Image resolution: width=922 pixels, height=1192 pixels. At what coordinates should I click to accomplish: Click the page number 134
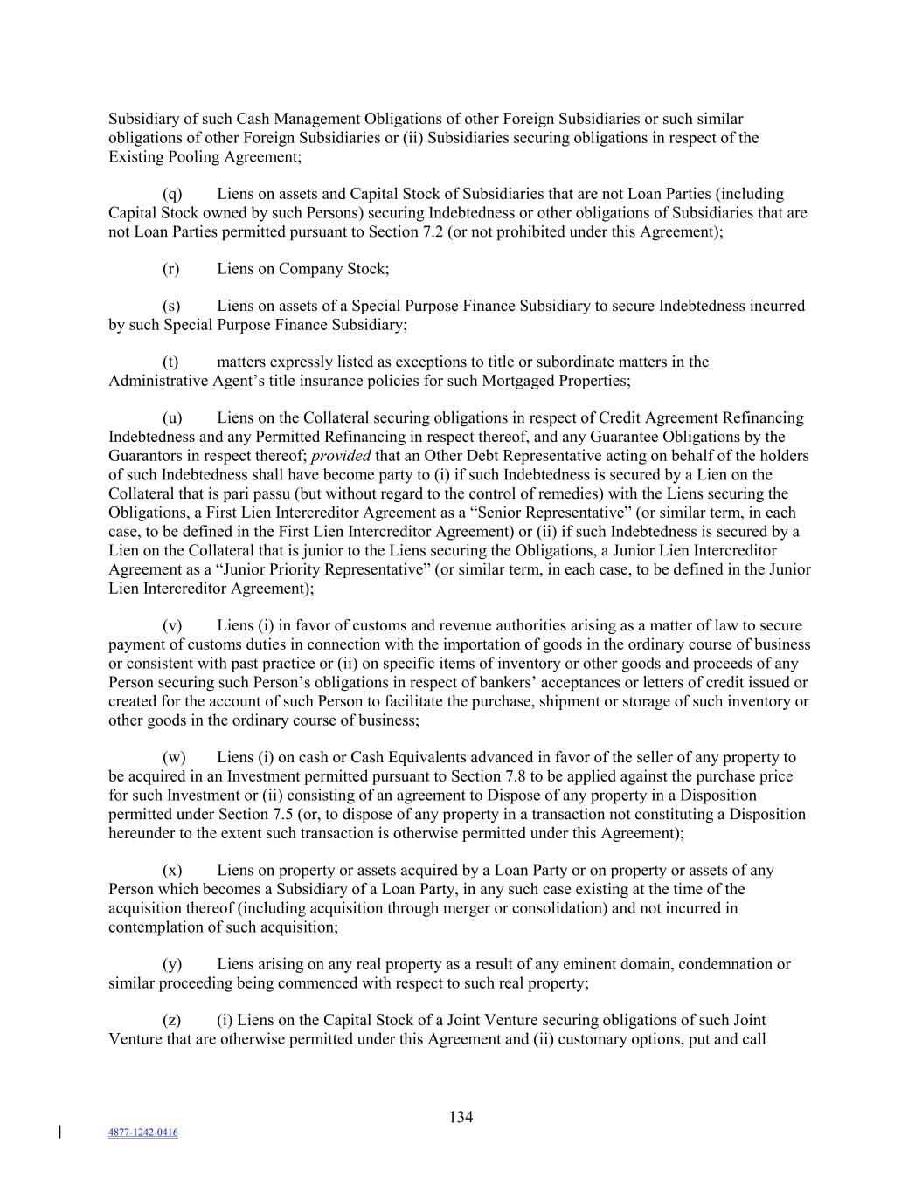461,1117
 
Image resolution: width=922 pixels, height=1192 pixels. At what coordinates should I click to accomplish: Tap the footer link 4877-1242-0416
142,1133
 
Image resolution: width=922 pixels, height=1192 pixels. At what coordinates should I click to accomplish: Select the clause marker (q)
172,194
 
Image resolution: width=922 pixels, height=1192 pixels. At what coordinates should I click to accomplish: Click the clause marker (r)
171,269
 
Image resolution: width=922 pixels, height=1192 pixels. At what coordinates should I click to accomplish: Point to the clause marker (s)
171,307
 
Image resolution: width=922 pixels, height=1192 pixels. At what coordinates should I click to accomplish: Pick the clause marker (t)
170,362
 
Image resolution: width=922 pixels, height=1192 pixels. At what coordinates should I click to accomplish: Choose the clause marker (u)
172,418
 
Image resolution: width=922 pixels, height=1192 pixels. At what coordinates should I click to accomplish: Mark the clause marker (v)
172,626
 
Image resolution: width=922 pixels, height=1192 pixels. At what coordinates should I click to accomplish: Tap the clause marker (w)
174,758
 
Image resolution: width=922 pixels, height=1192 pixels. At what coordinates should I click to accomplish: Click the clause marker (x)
172,871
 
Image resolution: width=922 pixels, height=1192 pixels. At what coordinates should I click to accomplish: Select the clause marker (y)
172,965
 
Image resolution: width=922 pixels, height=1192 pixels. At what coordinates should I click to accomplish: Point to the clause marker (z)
171,1021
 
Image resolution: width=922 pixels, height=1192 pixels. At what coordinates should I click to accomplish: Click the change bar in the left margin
59,1133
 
